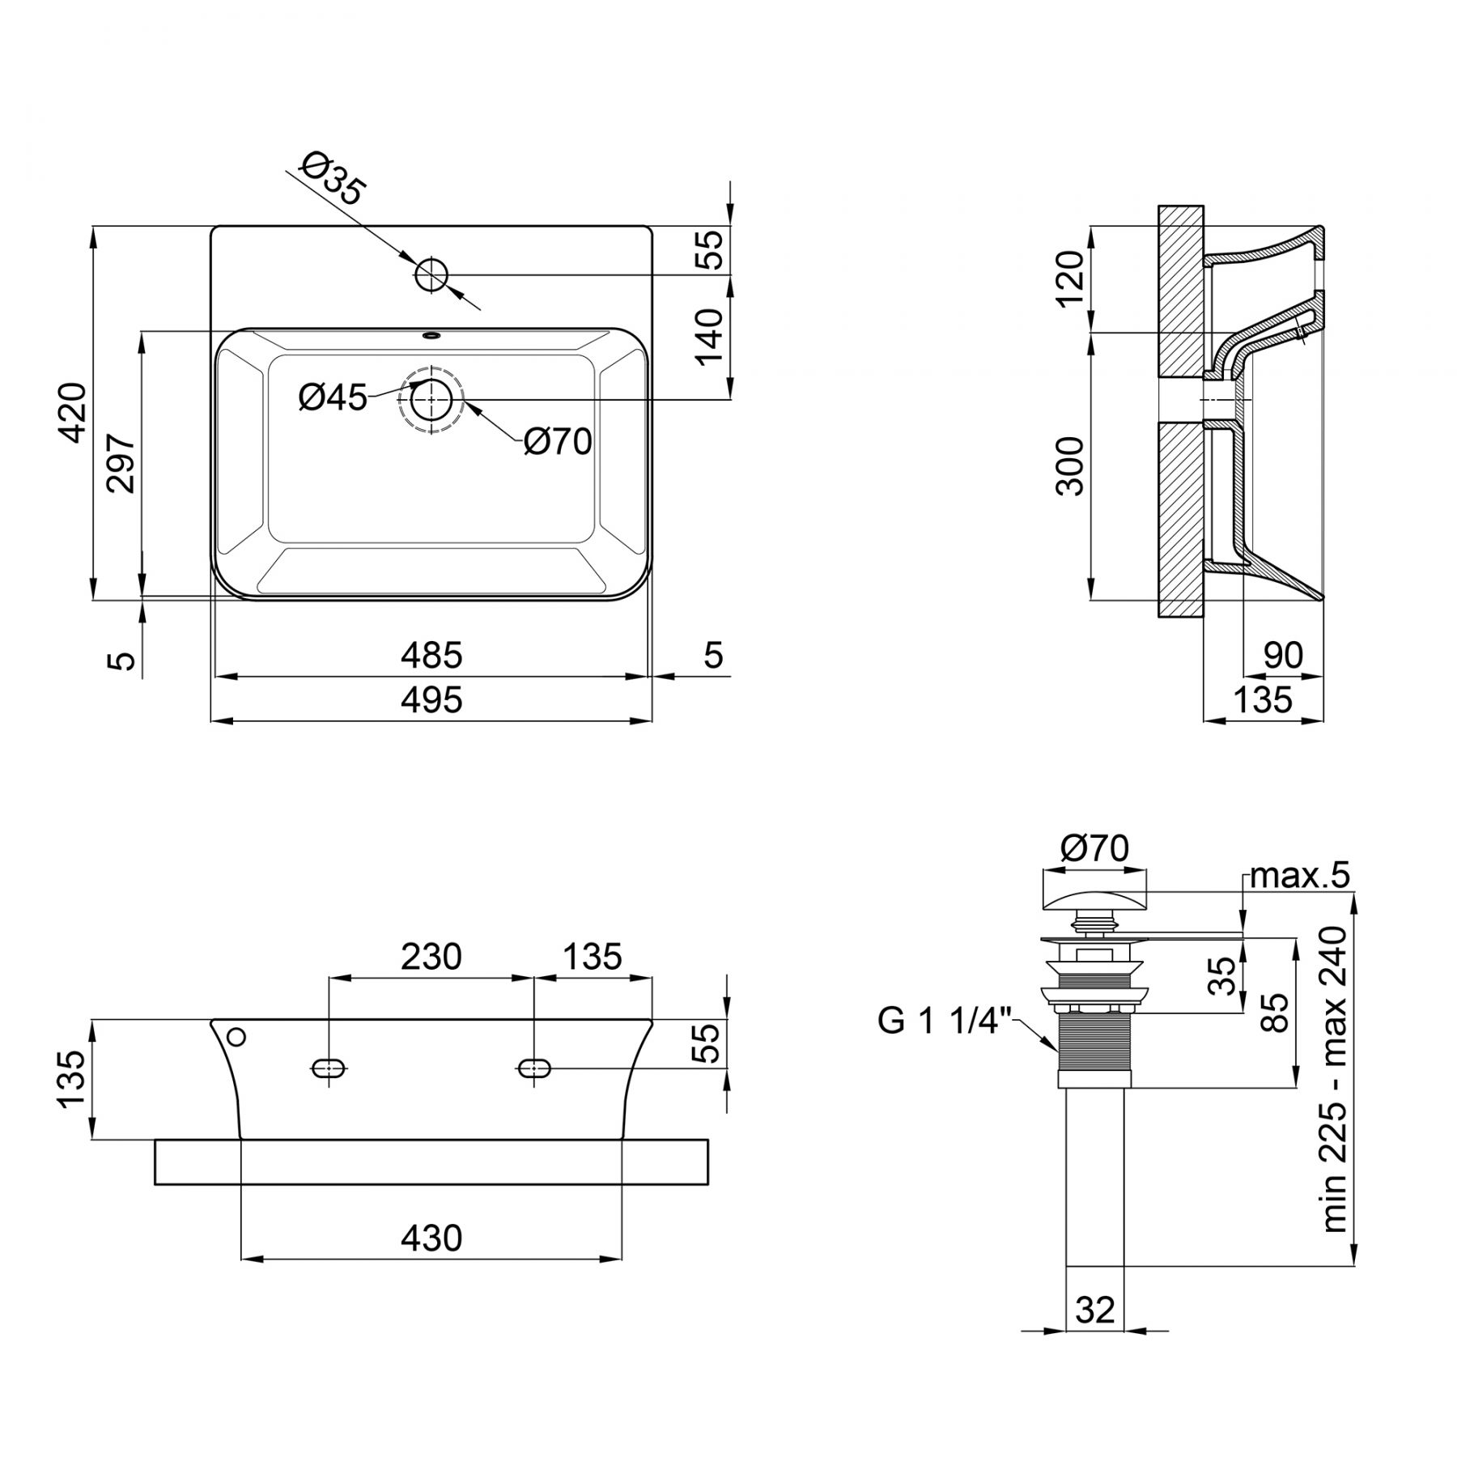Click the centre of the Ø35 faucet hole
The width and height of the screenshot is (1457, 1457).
pos(431,275)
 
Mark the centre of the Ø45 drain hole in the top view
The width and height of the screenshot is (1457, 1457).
pos(431,400)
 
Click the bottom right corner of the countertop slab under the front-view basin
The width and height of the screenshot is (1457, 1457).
pos(708,1186)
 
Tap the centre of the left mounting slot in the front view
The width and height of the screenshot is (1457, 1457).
pos(329,1069)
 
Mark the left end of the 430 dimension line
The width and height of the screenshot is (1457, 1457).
pos(243,1259)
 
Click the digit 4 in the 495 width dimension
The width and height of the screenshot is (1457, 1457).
pos(412,700)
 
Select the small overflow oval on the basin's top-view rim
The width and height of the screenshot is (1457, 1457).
pos(431,333)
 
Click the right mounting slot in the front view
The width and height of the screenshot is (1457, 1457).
pos(533,1069)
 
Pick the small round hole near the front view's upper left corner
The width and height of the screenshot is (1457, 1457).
pos(237,1037)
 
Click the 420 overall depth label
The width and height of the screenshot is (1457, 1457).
pos(74,413)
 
